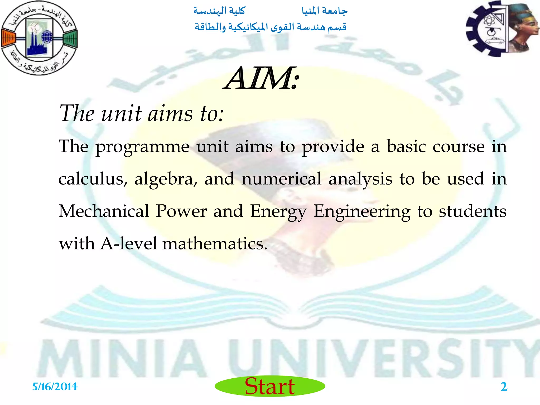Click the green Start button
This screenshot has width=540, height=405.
pos(270,386)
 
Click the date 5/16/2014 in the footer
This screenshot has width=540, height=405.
pos(55,387)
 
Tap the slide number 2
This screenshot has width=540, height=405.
pos(504,387)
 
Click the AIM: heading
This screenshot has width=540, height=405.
pos(262,79)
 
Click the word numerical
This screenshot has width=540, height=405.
pos(281,179)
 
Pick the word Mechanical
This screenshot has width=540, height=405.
pos(104,211)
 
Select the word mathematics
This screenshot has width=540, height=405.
pos(215,244)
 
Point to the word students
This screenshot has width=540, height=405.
pos(472,211)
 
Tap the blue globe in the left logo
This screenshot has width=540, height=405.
pos(47,37)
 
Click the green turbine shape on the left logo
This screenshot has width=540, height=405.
pos(71,38)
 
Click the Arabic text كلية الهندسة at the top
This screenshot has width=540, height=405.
pos(219,11)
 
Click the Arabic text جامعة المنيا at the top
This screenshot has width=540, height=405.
pos(325,11)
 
